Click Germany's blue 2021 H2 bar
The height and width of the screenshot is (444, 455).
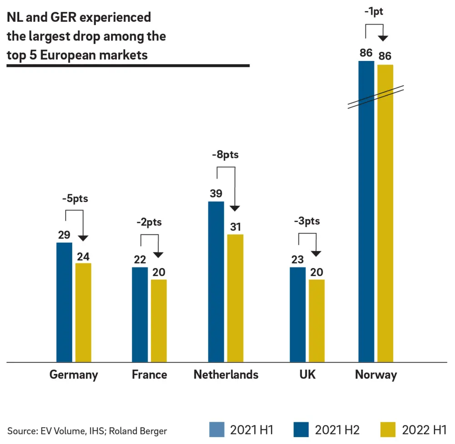click(64, 302)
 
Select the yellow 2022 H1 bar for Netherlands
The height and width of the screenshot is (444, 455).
click(235, 298)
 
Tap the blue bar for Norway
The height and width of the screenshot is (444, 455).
click(366, 212)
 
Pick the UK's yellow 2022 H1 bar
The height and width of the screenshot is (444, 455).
click(317, 321)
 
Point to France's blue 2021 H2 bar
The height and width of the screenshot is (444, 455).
click(140, 314)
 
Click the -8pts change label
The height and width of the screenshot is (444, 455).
click(225, 155)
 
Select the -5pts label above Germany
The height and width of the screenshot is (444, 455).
click(74, 199)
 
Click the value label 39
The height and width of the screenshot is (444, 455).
click(216, 193)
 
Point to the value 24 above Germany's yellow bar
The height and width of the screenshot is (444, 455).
click(83, 257)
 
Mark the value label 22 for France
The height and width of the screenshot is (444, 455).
click(140, 260)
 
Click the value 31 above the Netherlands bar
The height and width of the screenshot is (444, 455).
click(235, 227)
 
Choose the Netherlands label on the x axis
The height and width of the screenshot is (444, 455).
click(226, 374)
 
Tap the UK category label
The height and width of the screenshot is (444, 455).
click(307, 374)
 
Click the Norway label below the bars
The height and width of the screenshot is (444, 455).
click(376, 374)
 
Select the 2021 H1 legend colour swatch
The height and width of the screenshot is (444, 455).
click(216, 429)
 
